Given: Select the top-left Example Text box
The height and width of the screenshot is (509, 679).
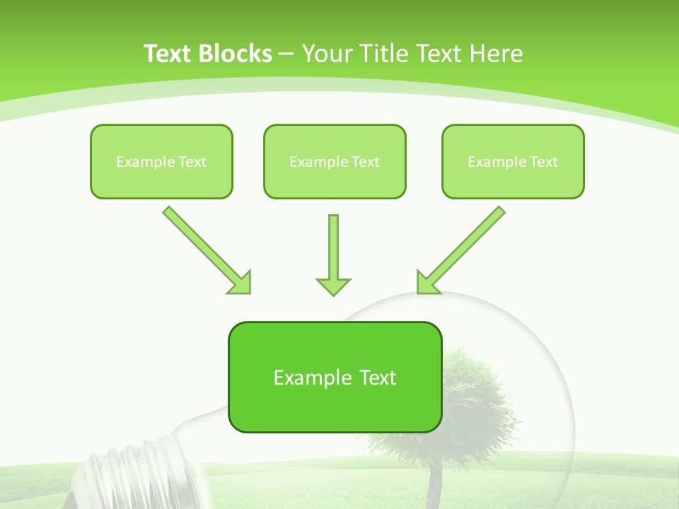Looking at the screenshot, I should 161,161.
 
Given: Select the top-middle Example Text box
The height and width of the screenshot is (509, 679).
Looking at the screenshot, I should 335,161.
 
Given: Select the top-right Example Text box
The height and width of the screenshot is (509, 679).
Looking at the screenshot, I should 513,161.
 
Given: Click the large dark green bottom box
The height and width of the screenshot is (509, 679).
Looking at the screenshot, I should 335,377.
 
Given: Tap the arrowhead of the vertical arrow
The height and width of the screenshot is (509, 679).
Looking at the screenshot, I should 333,286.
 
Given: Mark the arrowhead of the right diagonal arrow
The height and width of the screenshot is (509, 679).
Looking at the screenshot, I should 426,283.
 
